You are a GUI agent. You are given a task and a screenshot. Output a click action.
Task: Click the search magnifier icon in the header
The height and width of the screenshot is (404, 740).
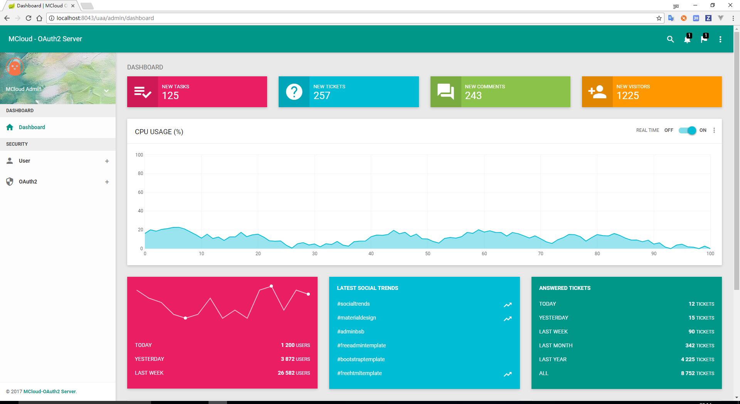coord(670,39)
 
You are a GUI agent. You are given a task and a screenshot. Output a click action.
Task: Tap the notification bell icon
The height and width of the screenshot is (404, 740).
coord(687,39)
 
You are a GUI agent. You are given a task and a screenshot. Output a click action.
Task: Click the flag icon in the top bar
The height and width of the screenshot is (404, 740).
coord(704,39)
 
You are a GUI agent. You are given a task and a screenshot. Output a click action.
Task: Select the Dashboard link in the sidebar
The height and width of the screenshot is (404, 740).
coord(32,127)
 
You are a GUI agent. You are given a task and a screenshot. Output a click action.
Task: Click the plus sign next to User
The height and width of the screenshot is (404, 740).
coord(107,161)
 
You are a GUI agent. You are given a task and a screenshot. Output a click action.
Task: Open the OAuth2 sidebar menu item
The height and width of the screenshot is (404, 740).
coord(28,182)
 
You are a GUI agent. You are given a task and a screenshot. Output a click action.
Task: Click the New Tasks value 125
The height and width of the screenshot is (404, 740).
coord(170,96)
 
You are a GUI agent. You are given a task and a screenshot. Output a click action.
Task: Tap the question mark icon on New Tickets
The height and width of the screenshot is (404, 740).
coord(294,92)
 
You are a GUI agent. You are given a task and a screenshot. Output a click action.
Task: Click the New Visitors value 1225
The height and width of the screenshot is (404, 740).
coord(627,96)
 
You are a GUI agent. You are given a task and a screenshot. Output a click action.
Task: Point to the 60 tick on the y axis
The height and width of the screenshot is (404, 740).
coord(140,192)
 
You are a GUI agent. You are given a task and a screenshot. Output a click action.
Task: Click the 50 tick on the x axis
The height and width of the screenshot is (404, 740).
coord(427,254)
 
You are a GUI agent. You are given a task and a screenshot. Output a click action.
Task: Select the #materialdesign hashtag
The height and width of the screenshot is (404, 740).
coord(357,318)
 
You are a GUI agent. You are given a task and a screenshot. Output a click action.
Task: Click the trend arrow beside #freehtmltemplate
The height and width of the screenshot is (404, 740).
coord(508,374)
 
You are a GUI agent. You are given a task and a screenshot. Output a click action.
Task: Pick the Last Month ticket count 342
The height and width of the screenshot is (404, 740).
coord(690,345)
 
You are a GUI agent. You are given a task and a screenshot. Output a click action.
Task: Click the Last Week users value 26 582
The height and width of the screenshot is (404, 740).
coord(286,373)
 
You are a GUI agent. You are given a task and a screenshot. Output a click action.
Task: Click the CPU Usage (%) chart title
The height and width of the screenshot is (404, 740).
coord(159,132)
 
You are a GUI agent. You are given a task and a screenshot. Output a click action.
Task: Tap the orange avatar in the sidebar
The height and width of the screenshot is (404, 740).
coord(15,67)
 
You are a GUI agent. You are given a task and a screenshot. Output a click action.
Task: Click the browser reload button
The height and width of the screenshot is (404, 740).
coord(28,18)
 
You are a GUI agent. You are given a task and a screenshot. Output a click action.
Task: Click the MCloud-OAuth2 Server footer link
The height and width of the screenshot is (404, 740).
coord(49,391)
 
